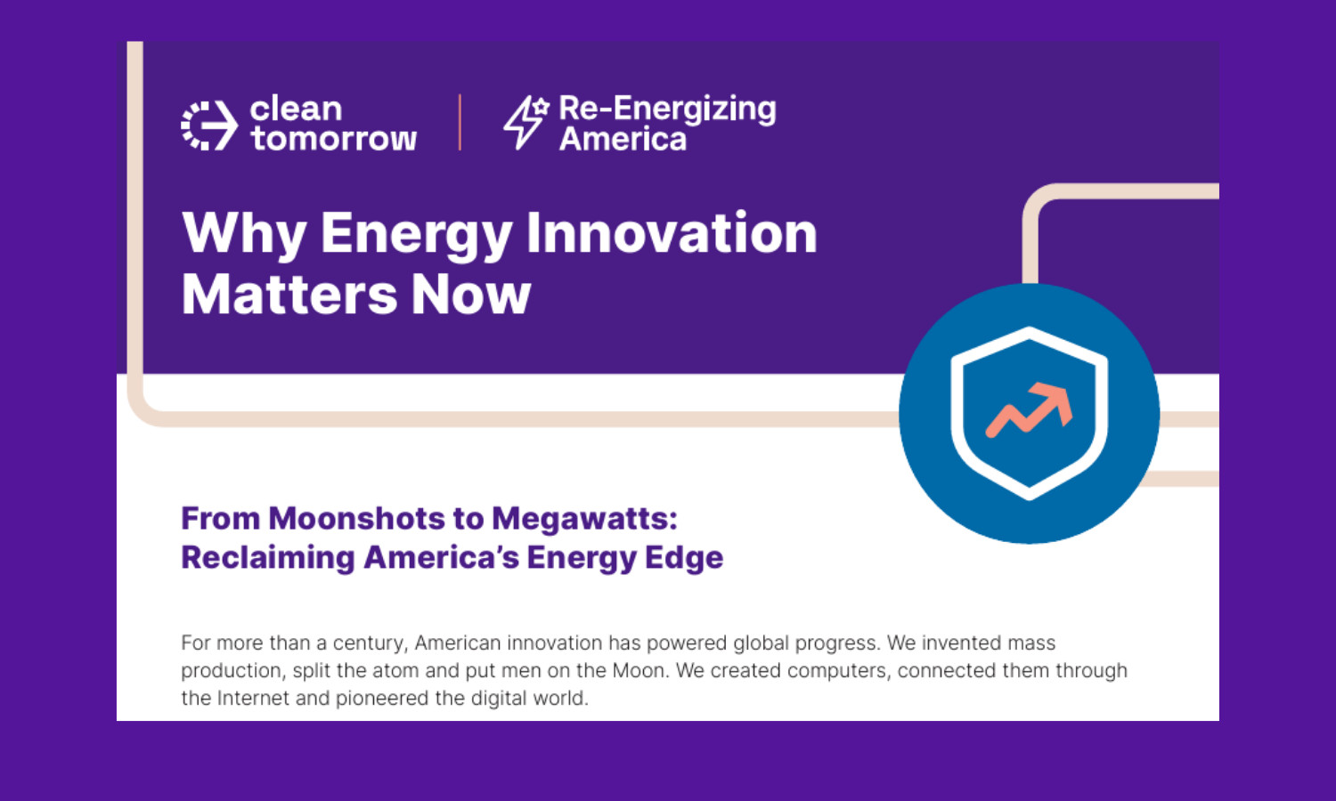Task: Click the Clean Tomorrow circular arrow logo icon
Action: coord(209,125)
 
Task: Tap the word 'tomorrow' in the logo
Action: coord(333,139)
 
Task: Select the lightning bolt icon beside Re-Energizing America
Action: coord(525,122)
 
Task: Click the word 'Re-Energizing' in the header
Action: coord(667,109)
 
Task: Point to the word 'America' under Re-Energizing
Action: coord(623,139)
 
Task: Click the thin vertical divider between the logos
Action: coord(460,122)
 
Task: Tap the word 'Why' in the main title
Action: coord(244,234)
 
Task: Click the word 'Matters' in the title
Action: coord(289,295)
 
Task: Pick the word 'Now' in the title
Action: coord(470,295)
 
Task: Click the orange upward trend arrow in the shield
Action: coord(1029,409)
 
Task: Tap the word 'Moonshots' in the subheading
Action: coord(356,519)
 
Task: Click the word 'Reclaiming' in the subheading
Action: coord(268,558)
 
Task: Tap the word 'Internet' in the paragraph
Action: coord(253,698)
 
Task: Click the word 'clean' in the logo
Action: coord(296,109)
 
